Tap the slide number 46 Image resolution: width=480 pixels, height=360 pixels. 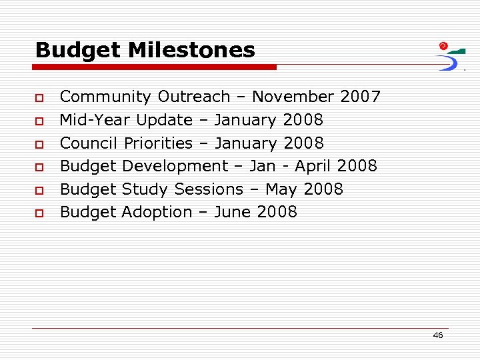tap(437, 335)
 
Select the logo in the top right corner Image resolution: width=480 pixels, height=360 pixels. tap(451, 56)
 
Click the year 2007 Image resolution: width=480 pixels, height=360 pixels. tap(360, 97)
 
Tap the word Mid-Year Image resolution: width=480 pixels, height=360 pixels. tap(95, 120)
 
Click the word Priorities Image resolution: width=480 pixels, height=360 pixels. tap(158, 143)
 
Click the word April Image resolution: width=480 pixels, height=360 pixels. tap(313, 166)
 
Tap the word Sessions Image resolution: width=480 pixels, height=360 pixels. tap(209, 189)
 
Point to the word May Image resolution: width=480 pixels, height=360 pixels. tap(281, 190)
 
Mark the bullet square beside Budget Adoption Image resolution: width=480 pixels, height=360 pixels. tap(40, 213)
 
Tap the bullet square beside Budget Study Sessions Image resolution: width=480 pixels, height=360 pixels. tap(40, 191)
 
